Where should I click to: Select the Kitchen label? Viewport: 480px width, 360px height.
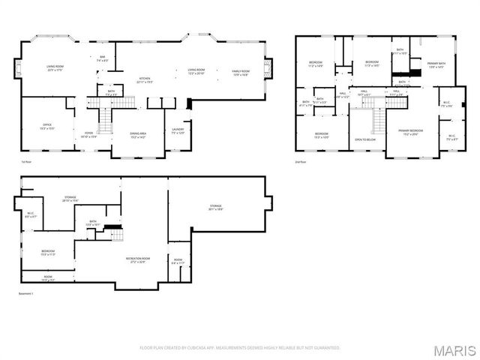[145, 80]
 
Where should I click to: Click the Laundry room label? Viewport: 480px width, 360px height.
[177, 130]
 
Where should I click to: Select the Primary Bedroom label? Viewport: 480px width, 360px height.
[409, 132]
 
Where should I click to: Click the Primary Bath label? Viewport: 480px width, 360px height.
[436, 65]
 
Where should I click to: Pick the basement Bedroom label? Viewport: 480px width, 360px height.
[48, 253]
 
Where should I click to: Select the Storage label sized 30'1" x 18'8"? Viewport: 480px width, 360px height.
[215, 208]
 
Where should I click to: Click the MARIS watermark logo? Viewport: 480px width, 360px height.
[452, 349]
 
